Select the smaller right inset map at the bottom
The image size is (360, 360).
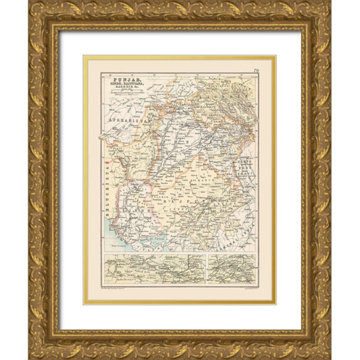(232, 268)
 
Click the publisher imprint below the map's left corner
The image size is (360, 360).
(118, 288)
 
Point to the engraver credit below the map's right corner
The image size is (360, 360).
(240, 288)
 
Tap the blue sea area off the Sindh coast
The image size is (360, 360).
(115, 240)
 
